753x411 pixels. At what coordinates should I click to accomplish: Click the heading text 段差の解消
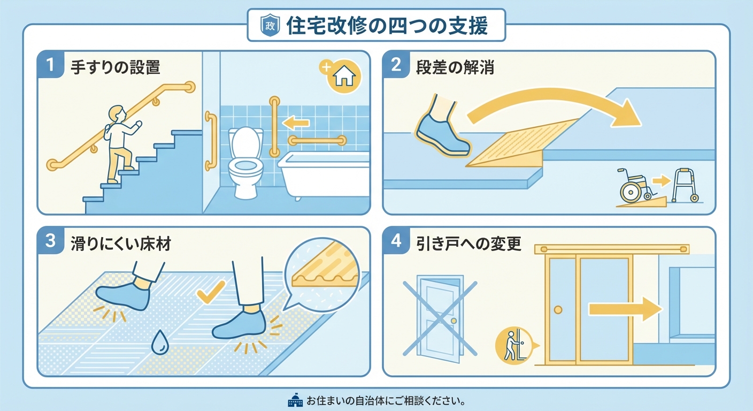(455, 67)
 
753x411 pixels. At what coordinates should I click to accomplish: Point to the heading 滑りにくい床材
(120, 243)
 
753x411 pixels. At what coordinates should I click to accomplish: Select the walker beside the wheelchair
(685, 185)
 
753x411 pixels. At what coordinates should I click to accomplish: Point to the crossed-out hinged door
(440, 317)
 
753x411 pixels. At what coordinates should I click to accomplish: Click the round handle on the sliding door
(558, 310)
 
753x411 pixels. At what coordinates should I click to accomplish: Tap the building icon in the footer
(295, 400)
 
